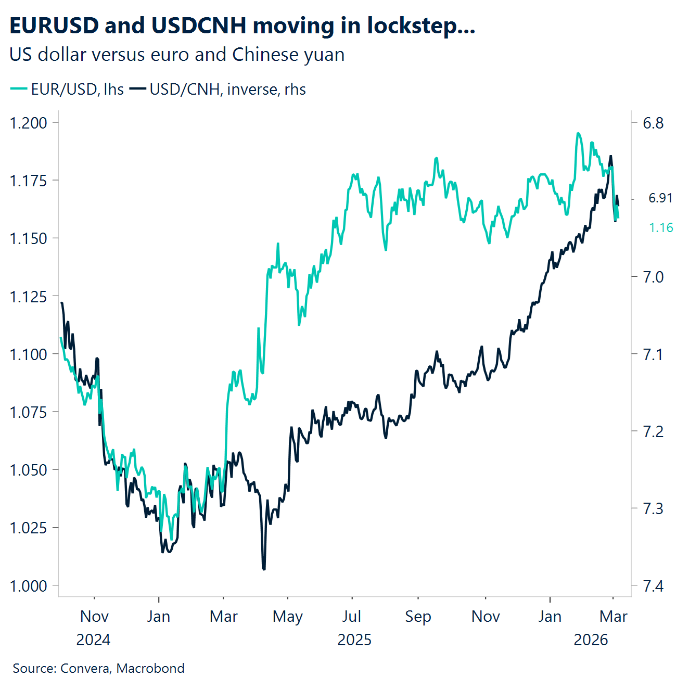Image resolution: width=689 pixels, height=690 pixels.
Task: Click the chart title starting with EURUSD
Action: point(242,25)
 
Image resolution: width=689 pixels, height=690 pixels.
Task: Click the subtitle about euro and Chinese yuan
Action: point(177,55)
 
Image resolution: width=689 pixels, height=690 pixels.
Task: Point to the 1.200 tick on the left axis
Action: point(28,123)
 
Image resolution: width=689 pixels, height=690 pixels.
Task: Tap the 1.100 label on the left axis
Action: point(28,354)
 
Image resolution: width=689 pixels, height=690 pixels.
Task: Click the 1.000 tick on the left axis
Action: point(28,586)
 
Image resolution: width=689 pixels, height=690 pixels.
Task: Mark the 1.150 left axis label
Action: point(28,238)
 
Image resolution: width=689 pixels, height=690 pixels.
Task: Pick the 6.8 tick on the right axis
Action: point(653,123)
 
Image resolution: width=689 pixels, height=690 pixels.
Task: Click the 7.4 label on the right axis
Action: point(653,586)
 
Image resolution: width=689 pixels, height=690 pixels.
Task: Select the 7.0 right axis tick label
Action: point(653,277)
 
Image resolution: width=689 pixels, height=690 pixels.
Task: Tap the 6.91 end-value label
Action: point(660,198)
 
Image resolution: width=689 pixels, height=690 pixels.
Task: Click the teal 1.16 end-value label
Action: point(661,227)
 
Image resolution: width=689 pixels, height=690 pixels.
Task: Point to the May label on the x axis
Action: point(287,617)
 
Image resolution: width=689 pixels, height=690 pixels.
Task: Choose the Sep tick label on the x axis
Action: point(418,617)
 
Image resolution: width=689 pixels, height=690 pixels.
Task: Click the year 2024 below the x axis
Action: point(94,640)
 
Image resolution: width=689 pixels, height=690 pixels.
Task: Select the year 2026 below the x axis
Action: point(591,640)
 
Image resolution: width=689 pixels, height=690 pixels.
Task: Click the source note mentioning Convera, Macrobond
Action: point(98,668)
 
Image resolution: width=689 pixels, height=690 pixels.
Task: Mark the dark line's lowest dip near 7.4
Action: point(264,569)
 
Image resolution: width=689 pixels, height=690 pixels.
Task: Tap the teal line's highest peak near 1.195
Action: point(578,134)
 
